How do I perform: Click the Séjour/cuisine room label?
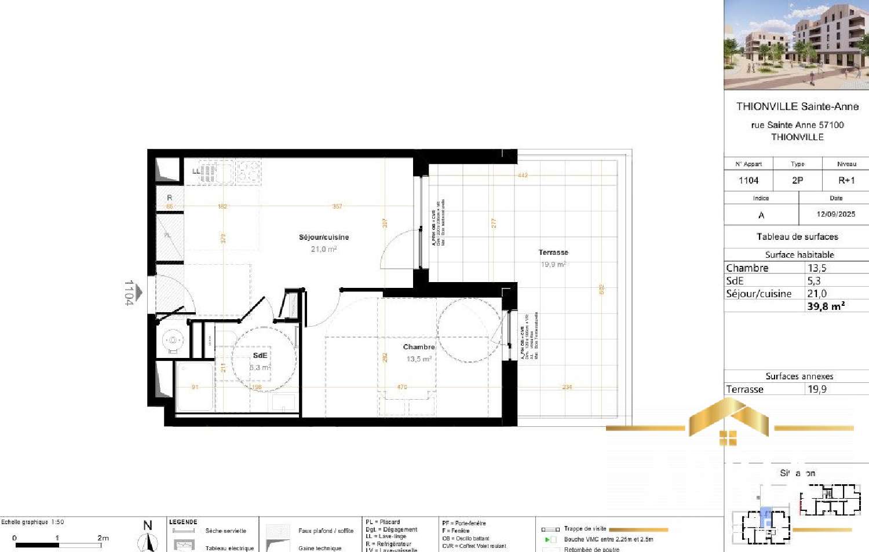[323, 237]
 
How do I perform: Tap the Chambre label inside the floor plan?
[418, 346]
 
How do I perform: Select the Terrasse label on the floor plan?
[553, 252]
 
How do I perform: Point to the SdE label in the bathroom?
[260, 355]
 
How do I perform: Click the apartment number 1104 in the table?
[748, 180]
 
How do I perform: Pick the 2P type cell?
[797, 180]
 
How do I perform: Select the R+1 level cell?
[846, 180]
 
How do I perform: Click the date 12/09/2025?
[835, 214]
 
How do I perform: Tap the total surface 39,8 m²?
[826, 306]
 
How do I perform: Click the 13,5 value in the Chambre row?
[817, 268]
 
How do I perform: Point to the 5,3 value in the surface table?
[814, 280]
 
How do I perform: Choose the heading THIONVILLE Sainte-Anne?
[797, 106]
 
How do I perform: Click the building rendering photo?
[796, 45]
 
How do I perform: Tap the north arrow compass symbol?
[148, 539]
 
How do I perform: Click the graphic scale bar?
[58, 544]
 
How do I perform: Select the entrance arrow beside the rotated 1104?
[139, 293]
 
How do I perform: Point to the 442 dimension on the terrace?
[523, 175]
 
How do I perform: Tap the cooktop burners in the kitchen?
[248, 171]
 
